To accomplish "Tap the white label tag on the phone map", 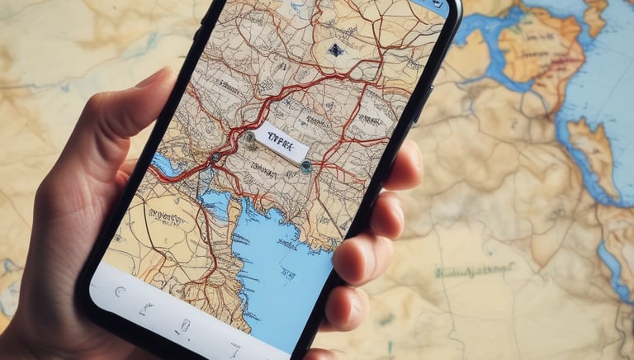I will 281,141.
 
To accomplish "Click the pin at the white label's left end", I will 249,136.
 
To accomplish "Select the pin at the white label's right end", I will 305,166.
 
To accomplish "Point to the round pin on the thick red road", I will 215,156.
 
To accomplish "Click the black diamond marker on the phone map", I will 335,50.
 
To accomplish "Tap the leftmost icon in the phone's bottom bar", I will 121,291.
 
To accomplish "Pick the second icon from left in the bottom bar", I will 147,309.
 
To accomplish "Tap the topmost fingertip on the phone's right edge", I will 405,165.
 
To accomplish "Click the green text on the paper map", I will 475,270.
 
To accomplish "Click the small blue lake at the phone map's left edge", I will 165,166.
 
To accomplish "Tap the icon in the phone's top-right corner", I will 436,4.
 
